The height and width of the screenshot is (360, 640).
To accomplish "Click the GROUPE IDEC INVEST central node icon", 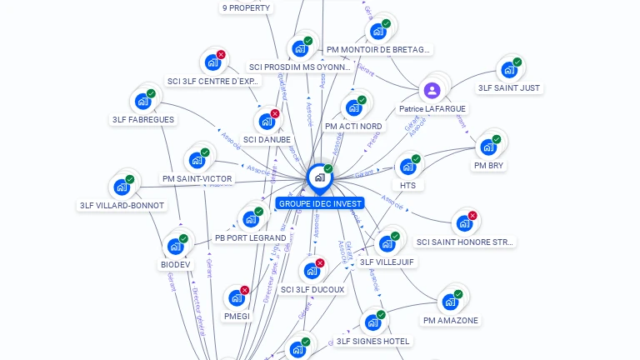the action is click(x=319, y=177).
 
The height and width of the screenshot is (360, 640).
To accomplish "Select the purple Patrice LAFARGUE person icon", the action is click(x=432, y=90).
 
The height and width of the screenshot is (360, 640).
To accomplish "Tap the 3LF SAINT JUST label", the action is click(x=509, y=87).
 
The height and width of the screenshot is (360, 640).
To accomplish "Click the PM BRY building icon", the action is click(x=488, y=147).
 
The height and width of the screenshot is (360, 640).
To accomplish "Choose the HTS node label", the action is click(x=407, y=185).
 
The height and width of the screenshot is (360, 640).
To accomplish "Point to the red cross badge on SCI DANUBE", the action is click(x=275, y=113).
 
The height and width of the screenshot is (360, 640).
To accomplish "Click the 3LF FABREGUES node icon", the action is click(x=142, y=102).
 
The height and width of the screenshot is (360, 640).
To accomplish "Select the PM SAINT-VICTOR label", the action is click(x=197, y=178).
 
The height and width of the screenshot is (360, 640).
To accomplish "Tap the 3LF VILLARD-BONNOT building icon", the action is click(x=121, y=187).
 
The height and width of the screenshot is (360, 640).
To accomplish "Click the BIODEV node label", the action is click(x=176, y=264).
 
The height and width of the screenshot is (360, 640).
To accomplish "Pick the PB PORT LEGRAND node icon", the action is click(x=250, y=219).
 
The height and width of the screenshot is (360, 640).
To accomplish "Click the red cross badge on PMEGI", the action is click(x=244, y=290).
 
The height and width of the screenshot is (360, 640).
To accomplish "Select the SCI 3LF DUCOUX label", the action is click(x=312, y=289).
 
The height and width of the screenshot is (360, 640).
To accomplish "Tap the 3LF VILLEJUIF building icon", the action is click(x=386, y=243).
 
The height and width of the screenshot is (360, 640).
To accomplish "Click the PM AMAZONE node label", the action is click(x=451, y=320).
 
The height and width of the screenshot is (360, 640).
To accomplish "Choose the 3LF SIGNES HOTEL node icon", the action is click(x=372, y=322).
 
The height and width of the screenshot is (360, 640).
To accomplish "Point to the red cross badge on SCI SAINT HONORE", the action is click(x=472, y=216).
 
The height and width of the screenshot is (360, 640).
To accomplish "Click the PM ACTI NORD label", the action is click(x=353, y=126).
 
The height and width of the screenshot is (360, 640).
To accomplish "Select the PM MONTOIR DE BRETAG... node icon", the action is click(x=377, y=32).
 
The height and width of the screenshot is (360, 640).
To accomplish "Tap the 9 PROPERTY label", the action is click(x=246, y=7).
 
